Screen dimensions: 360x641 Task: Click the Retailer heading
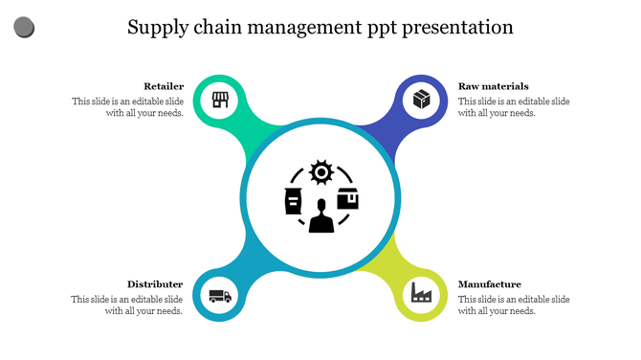(x=164, y=86)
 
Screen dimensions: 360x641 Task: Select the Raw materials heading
(x=493, y=86)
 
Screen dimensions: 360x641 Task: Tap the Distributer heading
(x=155, y=284)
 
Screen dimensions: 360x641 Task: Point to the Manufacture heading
(x=489, y=284)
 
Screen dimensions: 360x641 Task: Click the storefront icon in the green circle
(x=220, y=100)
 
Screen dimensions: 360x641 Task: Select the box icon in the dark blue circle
(x=421, y=99)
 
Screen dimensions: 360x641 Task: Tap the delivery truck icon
(x=220, y=297)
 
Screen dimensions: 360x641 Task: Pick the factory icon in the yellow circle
(x=421, y=292)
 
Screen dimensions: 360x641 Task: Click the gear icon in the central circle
(x=320, y=172)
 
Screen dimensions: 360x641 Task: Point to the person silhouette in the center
(x=320, y=215)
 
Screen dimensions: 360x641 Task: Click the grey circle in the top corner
(x=25, y=28)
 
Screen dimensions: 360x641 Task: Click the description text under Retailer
(x=127, y=107)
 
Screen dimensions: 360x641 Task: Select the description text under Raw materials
(x=514, y=107)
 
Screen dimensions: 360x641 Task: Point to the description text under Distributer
(x=127, y=305)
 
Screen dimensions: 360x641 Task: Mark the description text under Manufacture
(x=514, y=305)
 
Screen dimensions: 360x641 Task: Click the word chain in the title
(x=221, y=27)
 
